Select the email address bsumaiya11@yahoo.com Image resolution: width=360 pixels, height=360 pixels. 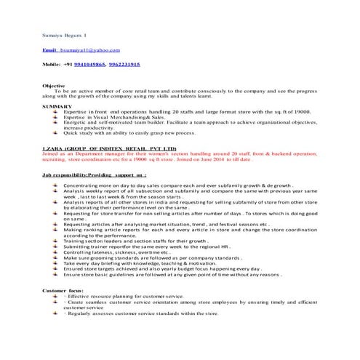pos(90,49)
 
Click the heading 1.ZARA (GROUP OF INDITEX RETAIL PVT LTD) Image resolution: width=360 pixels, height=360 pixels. pos(110,148)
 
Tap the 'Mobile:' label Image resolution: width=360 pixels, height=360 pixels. pos(52,65)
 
